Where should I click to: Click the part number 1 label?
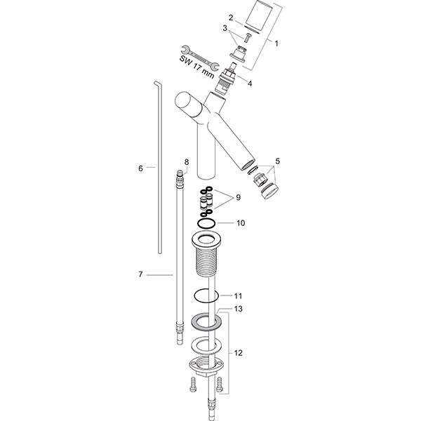pyautogui.click(x=276, y=44)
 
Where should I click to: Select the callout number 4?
pyautogui.click(x=250, y=83)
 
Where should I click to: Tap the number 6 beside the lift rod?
pyautogui.click(x=141, y=168)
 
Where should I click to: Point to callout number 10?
pyautogui.click(x=241, y=223)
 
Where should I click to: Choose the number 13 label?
pyautogui.click(x=239, y=309)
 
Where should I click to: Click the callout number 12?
pyautogui.click(x=239, y=353)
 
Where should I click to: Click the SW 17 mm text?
pyautogui.click(x=196, y=67)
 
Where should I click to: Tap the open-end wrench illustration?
pyautogui.click(x=200, y=57)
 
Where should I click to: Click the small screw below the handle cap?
pyautogui.click(x=247, y=37)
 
